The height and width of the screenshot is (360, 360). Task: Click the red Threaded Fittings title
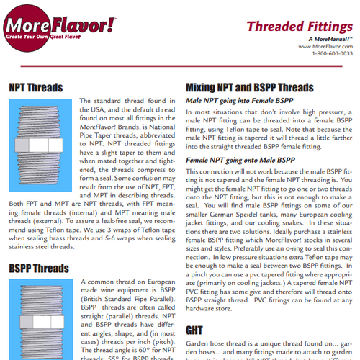point(299,27)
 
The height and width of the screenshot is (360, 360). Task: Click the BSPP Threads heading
point(40,269)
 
